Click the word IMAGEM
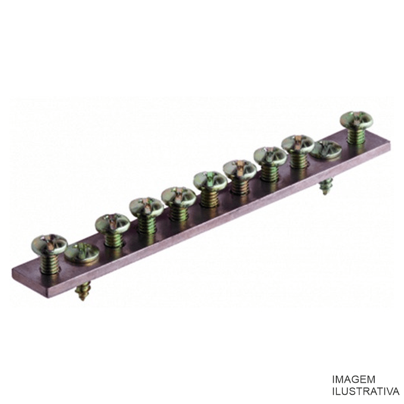click(353, 380)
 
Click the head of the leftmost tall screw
click(49, 243)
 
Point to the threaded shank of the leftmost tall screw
click(49, 262)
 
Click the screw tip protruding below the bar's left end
click(82, 291)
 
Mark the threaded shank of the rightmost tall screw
click(357, 135)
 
